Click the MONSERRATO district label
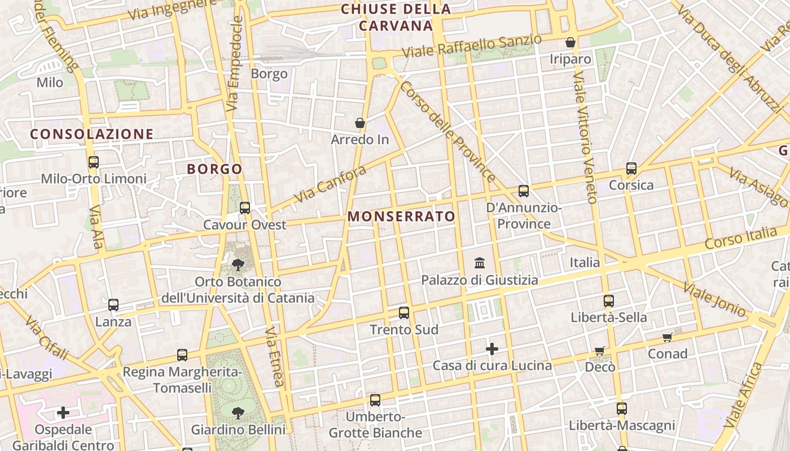401,216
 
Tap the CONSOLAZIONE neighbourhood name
92,134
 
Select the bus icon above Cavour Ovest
245,208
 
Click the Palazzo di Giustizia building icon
480,263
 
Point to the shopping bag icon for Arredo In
360,123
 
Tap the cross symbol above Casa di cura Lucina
492,349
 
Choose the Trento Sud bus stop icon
404,313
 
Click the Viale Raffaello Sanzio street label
472,46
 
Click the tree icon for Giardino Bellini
238,413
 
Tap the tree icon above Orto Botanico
238,264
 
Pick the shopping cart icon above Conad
668,338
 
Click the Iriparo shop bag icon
570,42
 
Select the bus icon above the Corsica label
631,169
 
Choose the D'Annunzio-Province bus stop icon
524,191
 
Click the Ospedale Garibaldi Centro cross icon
63,413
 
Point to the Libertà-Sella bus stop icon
608,301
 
